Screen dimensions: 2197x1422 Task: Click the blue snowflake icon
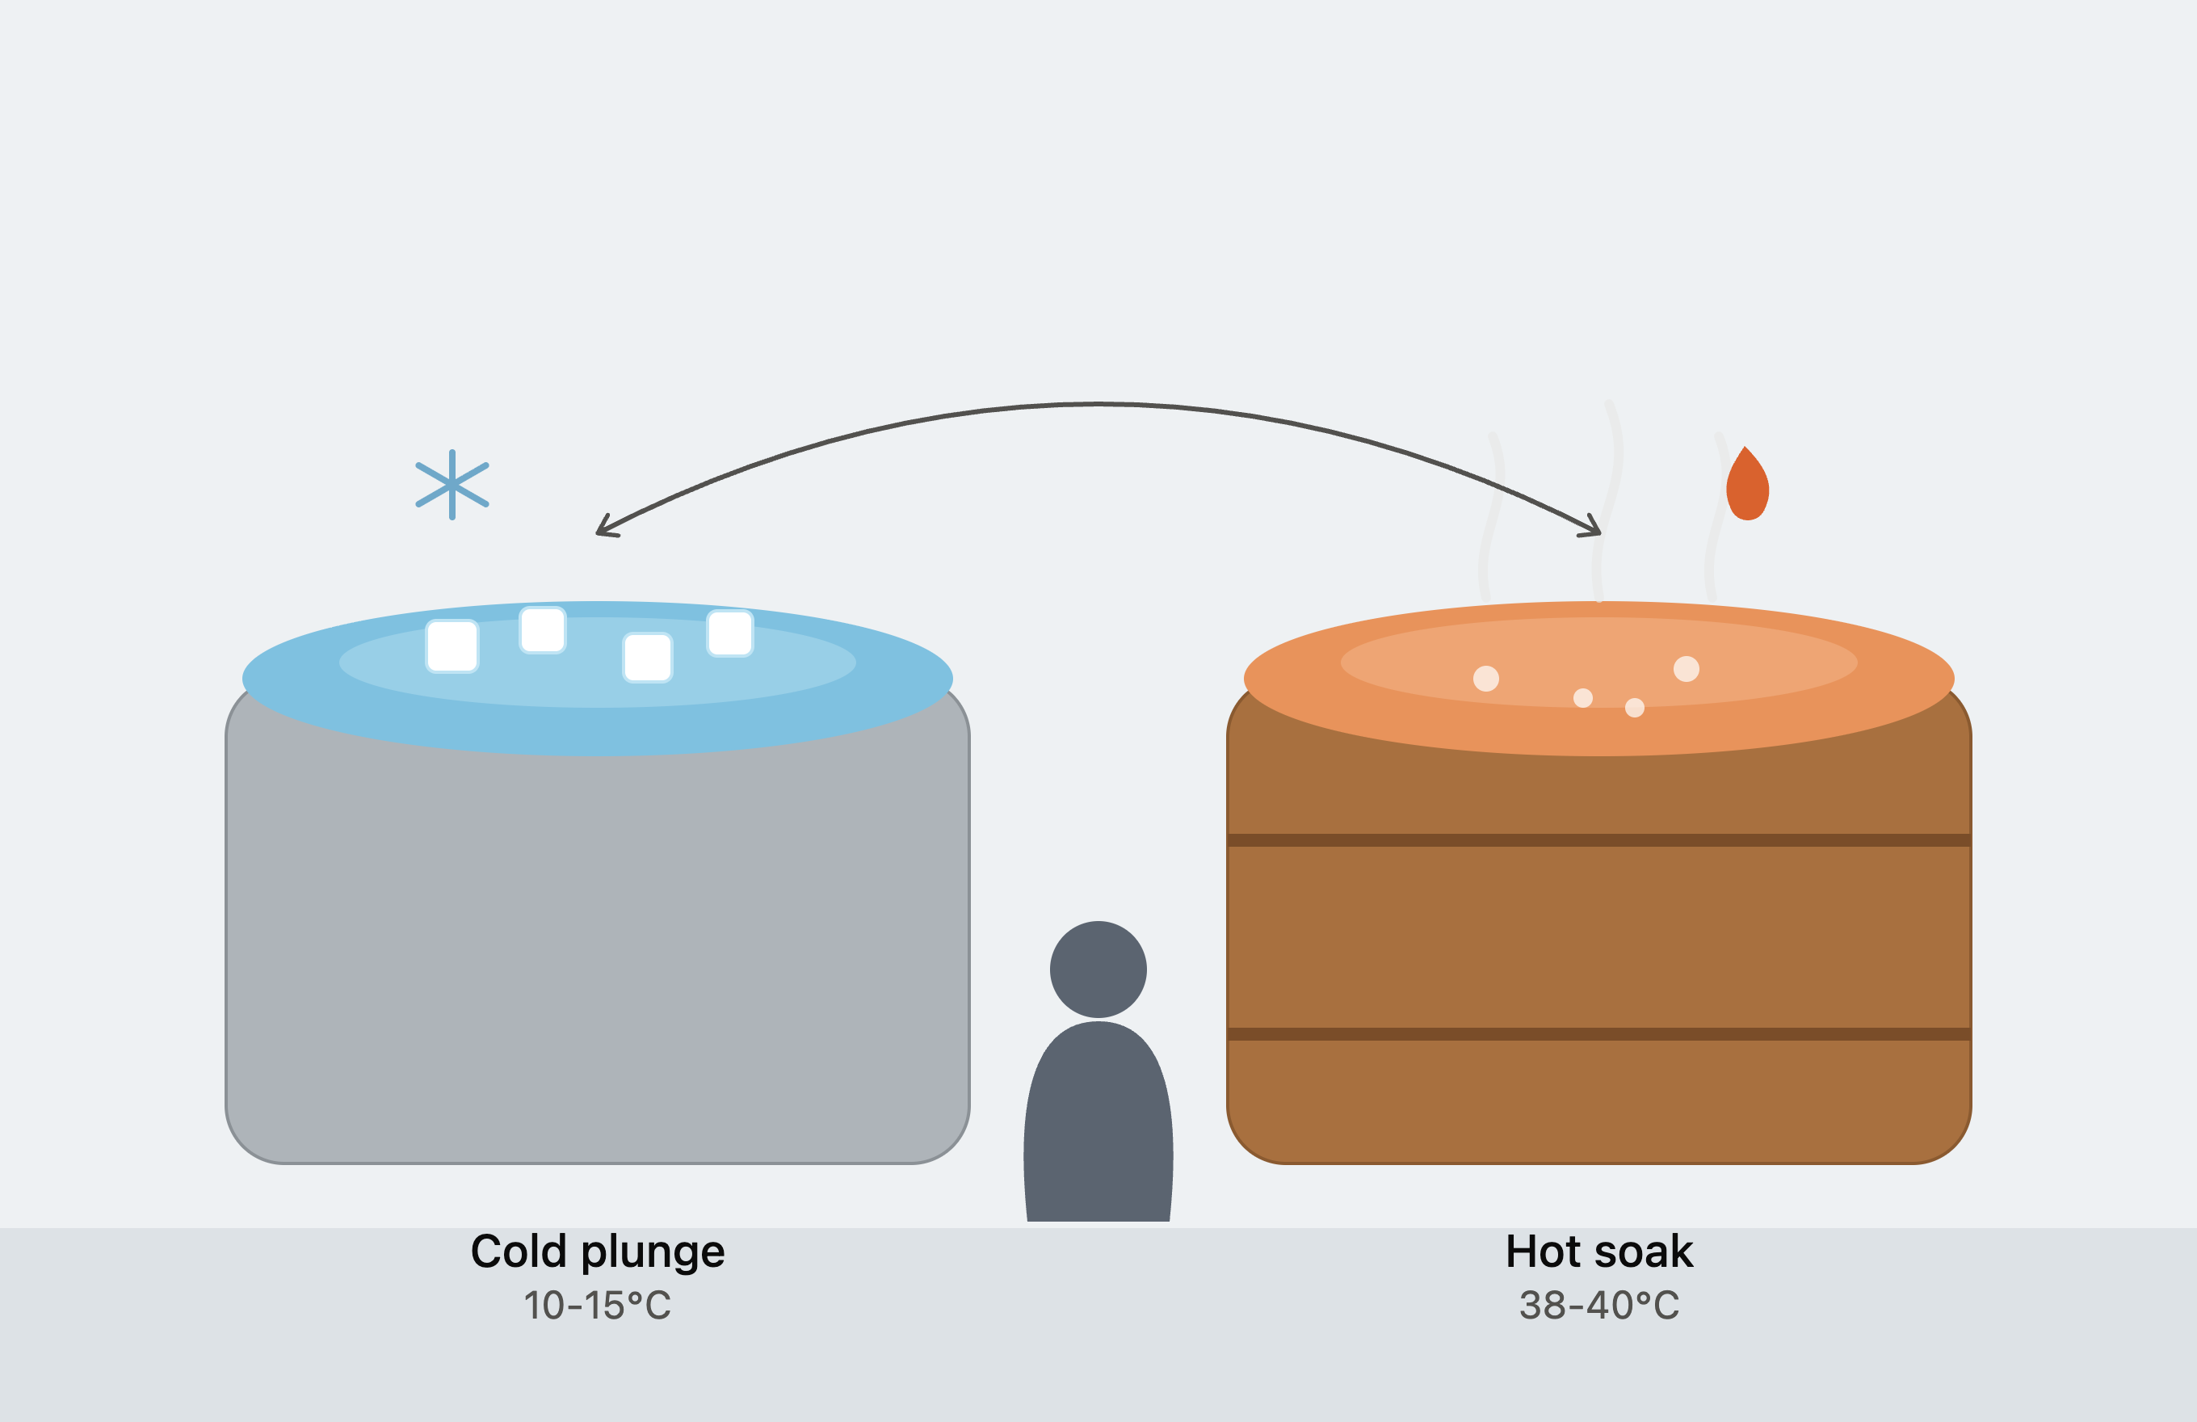pyautogui.click(x=452, y=485)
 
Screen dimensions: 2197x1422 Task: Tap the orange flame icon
pyautogui.click(x=1746, y=484)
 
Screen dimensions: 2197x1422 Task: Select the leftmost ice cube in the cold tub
pyautogui.click(x=452, y=646)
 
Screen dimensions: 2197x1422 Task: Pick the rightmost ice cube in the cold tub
pyautogui.click(x=730, y=633)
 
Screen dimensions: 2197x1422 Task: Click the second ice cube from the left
pyautogui.click(x=543, y=629)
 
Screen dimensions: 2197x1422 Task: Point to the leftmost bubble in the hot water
pyautogui.click(x=1486, y=679)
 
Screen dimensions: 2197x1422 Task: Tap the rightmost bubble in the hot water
pyautogui.click(x=1687, y=668)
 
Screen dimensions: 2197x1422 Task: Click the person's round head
pyautogui.click(x=1098, y=970)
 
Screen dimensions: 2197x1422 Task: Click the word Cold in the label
pyautogui.click(x=518, y=1252)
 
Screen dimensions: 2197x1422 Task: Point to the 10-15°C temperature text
pyautogui.click(x=597, y=1306)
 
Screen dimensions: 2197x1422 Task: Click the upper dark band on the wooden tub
pyautogui.click(x=1598, y=840)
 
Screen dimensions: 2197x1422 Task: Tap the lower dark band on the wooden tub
pyautogui.click(x=1598, y=1034)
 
